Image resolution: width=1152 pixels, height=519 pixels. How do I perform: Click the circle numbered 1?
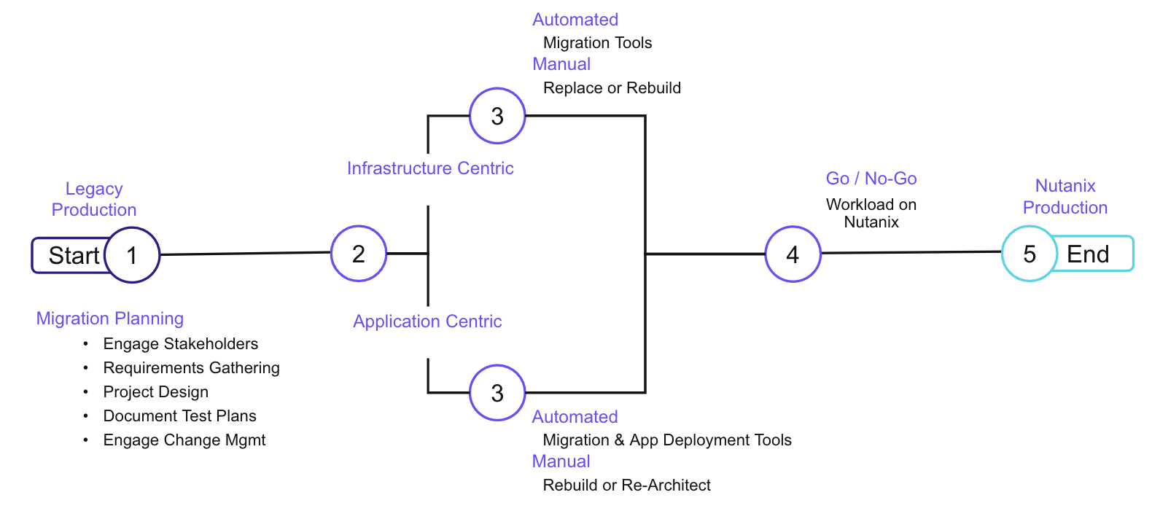pyautogui.click(x=132, y=255)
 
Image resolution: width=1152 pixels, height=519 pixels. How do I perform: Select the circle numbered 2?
pyautogui.click(x=359, y=254)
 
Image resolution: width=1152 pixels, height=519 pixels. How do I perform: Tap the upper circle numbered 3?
pyautogui.click(x=497, y=116)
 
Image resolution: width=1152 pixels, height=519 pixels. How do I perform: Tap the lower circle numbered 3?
pyautogui.click(x=497, y=393)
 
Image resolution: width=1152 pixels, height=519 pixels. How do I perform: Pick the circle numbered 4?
pyautogui.click(x=793, y=254)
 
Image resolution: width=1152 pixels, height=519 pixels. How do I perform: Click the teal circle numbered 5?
pyautogui.click(x=1030, y=254)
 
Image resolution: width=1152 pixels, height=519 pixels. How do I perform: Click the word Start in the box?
pyautogui.click(x=74, y=256)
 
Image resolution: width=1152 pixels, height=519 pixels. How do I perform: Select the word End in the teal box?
pyautogui.click(x=1088, y=254)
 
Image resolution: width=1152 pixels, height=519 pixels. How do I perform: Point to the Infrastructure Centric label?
pyautogui.click(x=430, y=168)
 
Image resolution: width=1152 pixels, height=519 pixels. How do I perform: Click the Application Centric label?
pyautogui.click(x=427, y=321)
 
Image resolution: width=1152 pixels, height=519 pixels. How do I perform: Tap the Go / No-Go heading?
pyautogui.click(x=871, y=179)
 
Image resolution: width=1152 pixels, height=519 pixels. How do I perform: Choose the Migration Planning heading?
pyautogui.click(x=110, y=319)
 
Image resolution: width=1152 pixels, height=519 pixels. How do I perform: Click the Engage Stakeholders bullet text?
pyautogui.click(x=181, y=343)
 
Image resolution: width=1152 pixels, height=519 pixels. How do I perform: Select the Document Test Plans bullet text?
pyautogui.click(x=180, y=415)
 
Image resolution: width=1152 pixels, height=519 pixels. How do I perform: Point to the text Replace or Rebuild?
pyautogui.click(x=612, y=88)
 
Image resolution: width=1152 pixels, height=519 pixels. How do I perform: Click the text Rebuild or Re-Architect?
pyautogui.click(x=626, y=485)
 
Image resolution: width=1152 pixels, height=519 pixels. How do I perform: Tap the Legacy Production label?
pyautogui.click(x=94, y=199)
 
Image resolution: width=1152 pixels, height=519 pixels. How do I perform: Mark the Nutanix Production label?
pyautogui.click(x=1065, y=197)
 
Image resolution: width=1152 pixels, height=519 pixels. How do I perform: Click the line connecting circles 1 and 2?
pyautogui.click(x=245, y=254)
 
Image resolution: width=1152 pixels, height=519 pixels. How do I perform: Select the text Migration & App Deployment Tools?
pyautogui.click(x=667, y=440)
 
